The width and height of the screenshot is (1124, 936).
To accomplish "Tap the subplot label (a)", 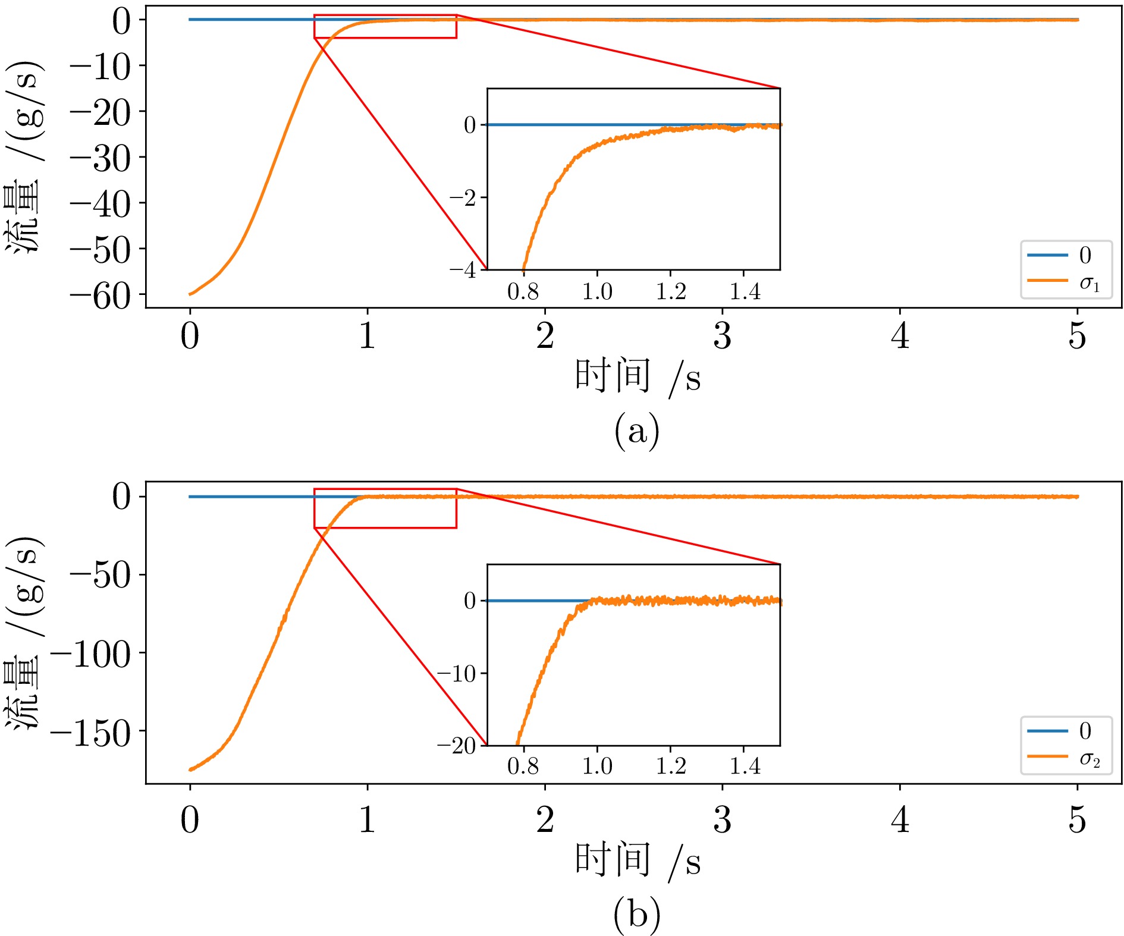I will pos(636,431).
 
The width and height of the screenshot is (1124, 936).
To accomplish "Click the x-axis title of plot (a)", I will pos(636,377).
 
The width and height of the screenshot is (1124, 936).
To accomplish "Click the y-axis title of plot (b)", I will pos(24,632).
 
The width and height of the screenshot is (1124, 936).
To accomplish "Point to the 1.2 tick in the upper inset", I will pos(671,292).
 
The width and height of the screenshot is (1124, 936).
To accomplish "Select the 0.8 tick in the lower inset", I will pos(523,767).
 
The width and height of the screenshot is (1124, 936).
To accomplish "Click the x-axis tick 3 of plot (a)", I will pos(722,336).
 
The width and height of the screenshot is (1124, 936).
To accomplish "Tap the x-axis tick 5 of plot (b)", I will pos(1077,820).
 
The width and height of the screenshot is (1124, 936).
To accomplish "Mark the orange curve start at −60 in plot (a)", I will pos(190,294).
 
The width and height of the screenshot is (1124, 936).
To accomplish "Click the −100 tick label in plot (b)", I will pos(90,655).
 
